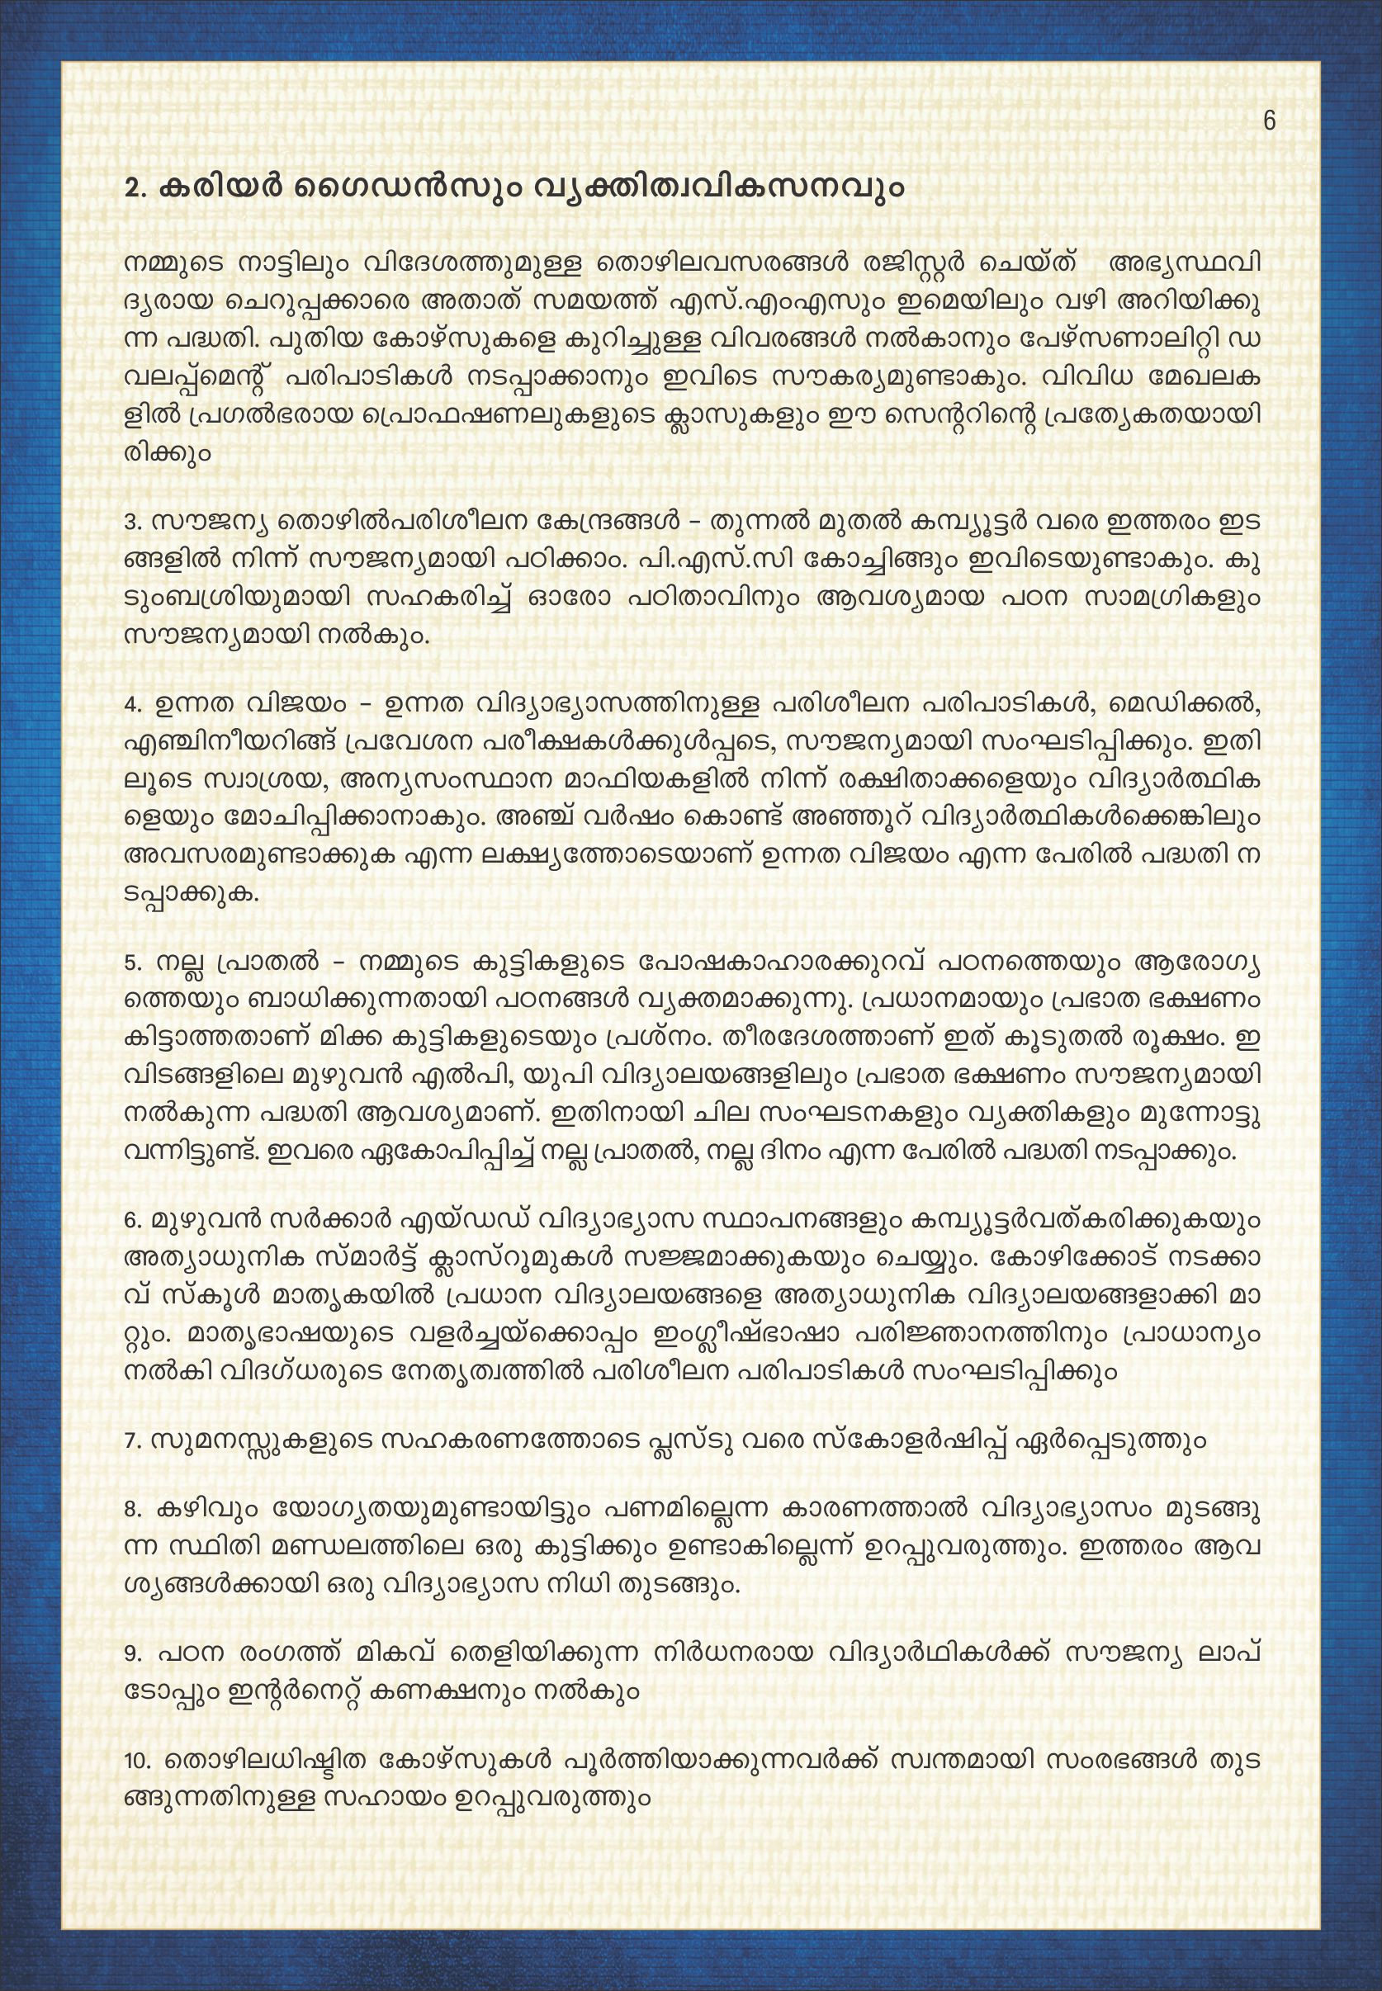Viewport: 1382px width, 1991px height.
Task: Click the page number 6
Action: click(1270, 121)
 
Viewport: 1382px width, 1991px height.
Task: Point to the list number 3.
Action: click(132, 523)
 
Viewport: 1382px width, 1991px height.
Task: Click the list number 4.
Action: click(132, 705)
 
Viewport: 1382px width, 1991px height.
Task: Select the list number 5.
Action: click(132, 963)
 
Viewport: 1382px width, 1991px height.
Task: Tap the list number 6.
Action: click(132, 1222)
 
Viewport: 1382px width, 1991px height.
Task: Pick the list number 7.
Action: click(132, 1443)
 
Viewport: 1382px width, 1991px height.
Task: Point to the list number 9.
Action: click(132, 1653)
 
